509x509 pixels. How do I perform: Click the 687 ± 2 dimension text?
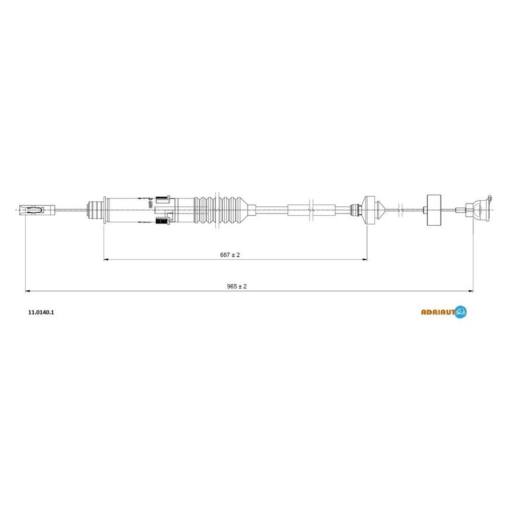230,255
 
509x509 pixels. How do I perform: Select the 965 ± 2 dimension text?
236,286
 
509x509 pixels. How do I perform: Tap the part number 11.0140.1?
41,312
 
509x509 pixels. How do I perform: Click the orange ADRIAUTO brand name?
438,312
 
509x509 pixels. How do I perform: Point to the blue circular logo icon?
460,312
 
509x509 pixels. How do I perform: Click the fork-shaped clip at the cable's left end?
37,210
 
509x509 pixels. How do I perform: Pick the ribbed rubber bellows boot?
221,210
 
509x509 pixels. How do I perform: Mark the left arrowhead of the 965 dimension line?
27,291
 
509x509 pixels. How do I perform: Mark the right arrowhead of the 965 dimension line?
470,291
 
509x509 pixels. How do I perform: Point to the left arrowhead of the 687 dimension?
106,259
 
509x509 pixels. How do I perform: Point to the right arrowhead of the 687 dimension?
364,259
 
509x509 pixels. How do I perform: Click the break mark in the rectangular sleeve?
311,210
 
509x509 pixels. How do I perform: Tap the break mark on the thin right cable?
400,210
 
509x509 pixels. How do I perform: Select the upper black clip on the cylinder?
163,199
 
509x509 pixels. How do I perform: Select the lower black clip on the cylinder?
163,221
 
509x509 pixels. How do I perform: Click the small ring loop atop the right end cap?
490,198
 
